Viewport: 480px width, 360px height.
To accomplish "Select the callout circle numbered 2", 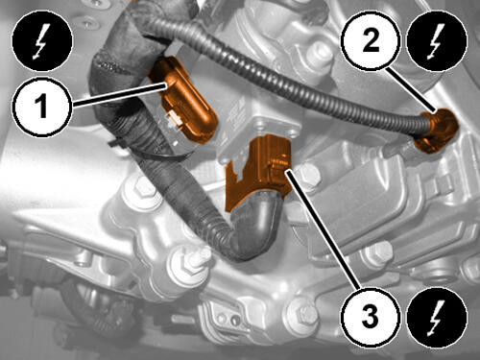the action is tap(371, 41).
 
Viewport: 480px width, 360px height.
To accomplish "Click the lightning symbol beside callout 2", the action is tap(437, 41).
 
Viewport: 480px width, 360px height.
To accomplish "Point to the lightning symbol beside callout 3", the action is tap(437, 317).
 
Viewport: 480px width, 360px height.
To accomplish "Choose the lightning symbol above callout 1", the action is tap(42, 41).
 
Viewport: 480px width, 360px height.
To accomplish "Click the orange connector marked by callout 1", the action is tap(183, 99).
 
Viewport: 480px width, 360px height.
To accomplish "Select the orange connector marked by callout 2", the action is tap(437, 131).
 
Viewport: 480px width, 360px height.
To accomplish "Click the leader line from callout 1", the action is tap(119, 93).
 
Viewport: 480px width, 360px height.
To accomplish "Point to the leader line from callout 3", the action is tap(323, 228).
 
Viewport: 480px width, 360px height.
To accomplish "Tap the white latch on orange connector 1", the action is tap(176, 117).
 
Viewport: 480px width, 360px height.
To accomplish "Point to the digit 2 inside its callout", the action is tap(371, 41).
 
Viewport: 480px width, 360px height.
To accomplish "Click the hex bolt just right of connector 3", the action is tap(309, 176).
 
